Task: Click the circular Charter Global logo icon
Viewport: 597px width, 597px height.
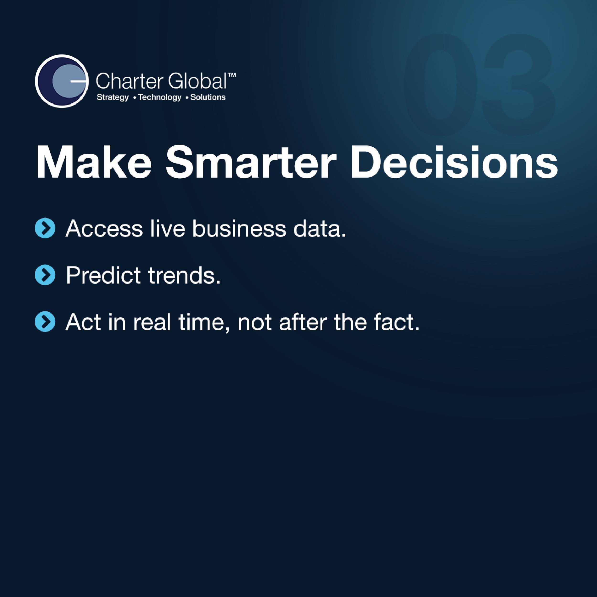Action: pos(62,81)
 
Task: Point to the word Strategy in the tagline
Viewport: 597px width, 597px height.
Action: pos(113,98)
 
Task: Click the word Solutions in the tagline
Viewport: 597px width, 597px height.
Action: pos(208,97)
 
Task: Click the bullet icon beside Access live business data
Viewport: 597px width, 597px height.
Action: pos(45,229)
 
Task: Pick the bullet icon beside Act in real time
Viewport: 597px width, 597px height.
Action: pos(45,322)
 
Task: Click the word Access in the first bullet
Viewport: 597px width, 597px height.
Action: pos(104,229)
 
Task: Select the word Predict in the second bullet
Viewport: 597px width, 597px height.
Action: pos(103,275)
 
